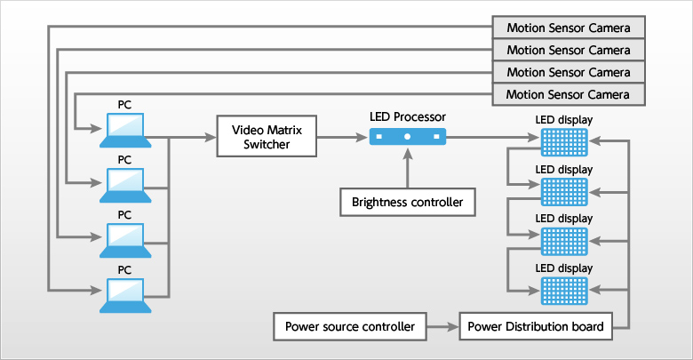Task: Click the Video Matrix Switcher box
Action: click(266, 136)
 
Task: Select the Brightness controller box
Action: click(408, 202)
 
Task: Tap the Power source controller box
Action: click(349, 326)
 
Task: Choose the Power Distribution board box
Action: click(535, 326)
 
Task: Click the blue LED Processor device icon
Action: click(408, 136)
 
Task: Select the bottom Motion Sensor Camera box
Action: click(567, 93)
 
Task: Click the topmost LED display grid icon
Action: click(564, 141)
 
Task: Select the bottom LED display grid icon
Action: click(564, 289)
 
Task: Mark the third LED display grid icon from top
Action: click(564, 240)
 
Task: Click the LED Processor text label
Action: click(408, 116)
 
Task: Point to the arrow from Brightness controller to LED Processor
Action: click(408, 169)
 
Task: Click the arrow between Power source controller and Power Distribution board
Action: click(442, 326)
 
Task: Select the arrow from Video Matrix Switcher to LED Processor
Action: click(341, 137)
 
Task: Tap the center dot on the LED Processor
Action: click(408, 137)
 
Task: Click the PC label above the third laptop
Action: click(124, 214)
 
